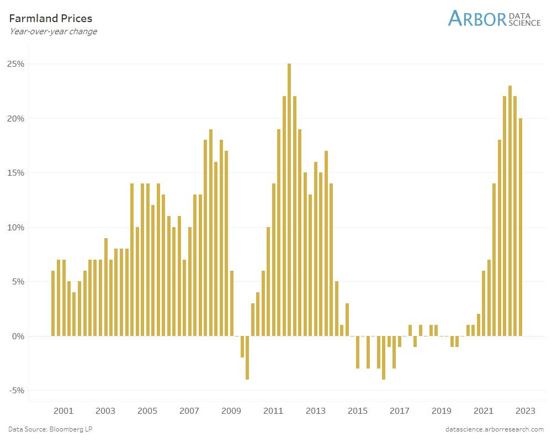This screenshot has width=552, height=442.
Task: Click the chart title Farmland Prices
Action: coord(51,19)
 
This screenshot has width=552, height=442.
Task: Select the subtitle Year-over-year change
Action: coord(53,31)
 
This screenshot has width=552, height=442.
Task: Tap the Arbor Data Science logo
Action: coord(494,18)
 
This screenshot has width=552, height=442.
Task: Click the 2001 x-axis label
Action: coord(63,411)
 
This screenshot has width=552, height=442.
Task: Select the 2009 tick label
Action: coord(231,411)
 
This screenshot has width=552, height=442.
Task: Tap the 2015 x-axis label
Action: coord(357,411)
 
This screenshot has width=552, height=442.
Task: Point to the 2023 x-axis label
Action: coord(526,411)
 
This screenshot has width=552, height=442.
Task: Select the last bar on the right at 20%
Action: coord(520,227)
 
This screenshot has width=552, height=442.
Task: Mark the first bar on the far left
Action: coord(53,303)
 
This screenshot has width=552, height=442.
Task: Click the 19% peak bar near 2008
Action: coord(211,232)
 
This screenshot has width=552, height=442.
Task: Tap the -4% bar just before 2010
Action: coord(247,357)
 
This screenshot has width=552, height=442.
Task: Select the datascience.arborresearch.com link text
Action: coord(495,429)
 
